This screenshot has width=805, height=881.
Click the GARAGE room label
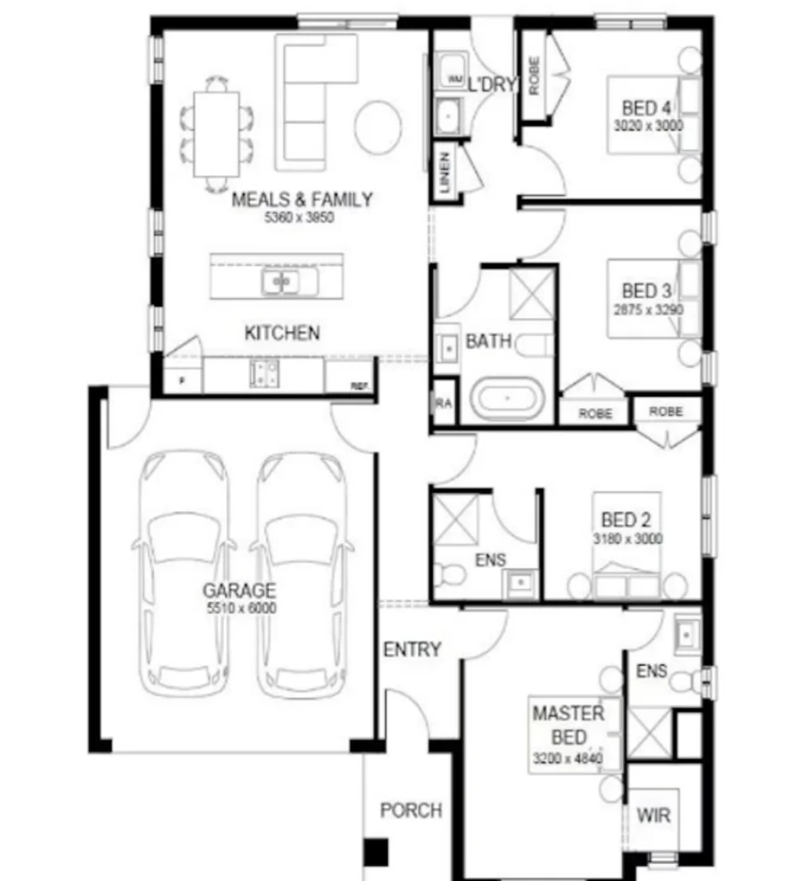(x=238, y=590)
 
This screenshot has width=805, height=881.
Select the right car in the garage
(x=302, y=571)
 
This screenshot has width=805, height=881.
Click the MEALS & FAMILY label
(x=302, y=199)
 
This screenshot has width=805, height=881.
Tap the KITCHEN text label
(x=282, y=333)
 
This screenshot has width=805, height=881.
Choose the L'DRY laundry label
(x=493, y=85)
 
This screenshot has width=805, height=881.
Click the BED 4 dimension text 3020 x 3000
(x=648, y=126)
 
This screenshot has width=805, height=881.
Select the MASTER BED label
(x=568, y=725)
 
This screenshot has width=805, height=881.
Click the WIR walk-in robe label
(x=653, y=815)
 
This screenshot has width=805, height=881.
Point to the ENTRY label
(x=411, y=650)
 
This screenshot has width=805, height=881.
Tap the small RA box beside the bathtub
(x=444, y=403)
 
